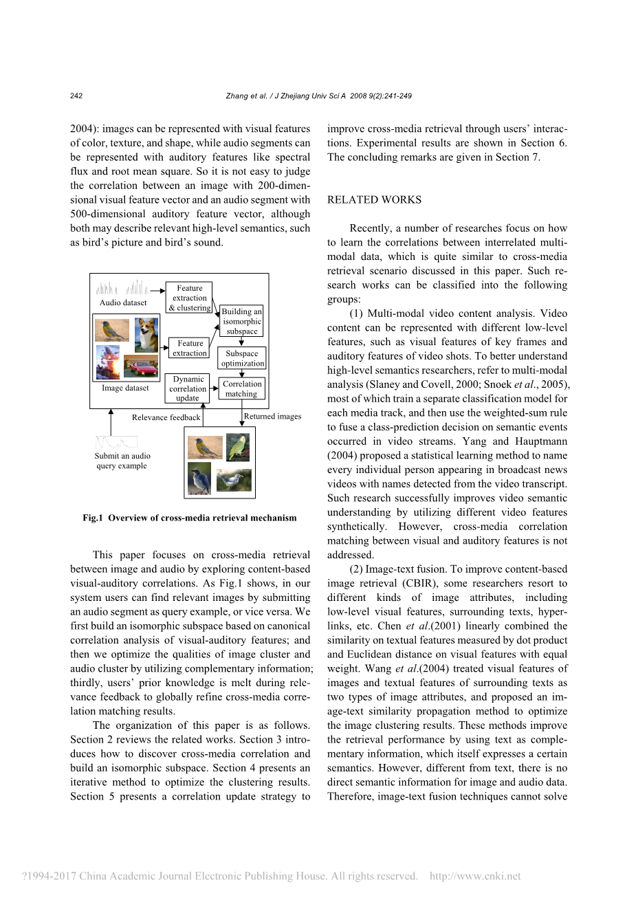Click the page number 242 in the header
76,96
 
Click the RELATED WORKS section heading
374,200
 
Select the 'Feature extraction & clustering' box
189,298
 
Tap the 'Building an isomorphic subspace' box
242,321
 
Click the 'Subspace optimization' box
242,358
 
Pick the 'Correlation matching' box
242,388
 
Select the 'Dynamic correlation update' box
188,388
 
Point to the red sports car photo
141,366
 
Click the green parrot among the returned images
238,448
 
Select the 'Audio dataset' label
123,303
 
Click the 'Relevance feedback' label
166,417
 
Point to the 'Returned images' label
272,416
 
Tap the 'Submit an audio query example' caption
122,461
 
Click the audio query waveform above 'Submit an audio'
116,441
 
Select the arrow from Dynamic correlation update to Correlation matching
214,388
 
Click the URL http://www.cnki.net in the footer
474,876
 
